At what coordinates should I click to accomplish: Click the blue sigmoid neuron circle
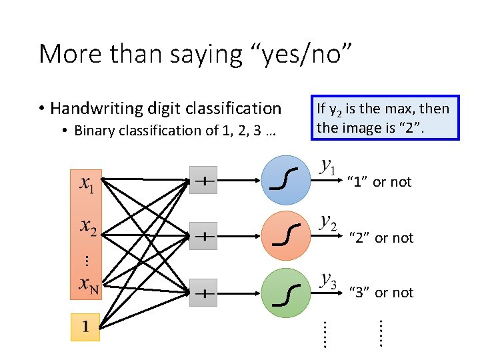click(286, 179)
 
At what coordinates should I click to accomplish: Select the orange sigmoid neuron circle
click(286, 235)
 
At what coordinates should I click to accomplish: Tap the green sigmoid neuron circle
click(286, 291)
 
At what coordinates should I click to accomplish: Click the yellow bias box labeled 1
click(85, 327)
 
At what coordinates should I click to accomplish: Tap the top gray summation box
click(203, 180)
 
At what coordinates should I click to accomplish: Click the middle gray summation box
click(203, 236)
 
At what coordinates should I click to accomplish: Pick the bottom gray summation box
click(203, 293)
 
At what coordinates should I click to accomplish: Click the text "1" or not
click(380, 182)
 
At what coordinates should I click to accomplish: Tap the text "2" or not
click(381, 238)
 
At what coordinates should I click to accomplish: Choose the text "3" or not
click(381, 293)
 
